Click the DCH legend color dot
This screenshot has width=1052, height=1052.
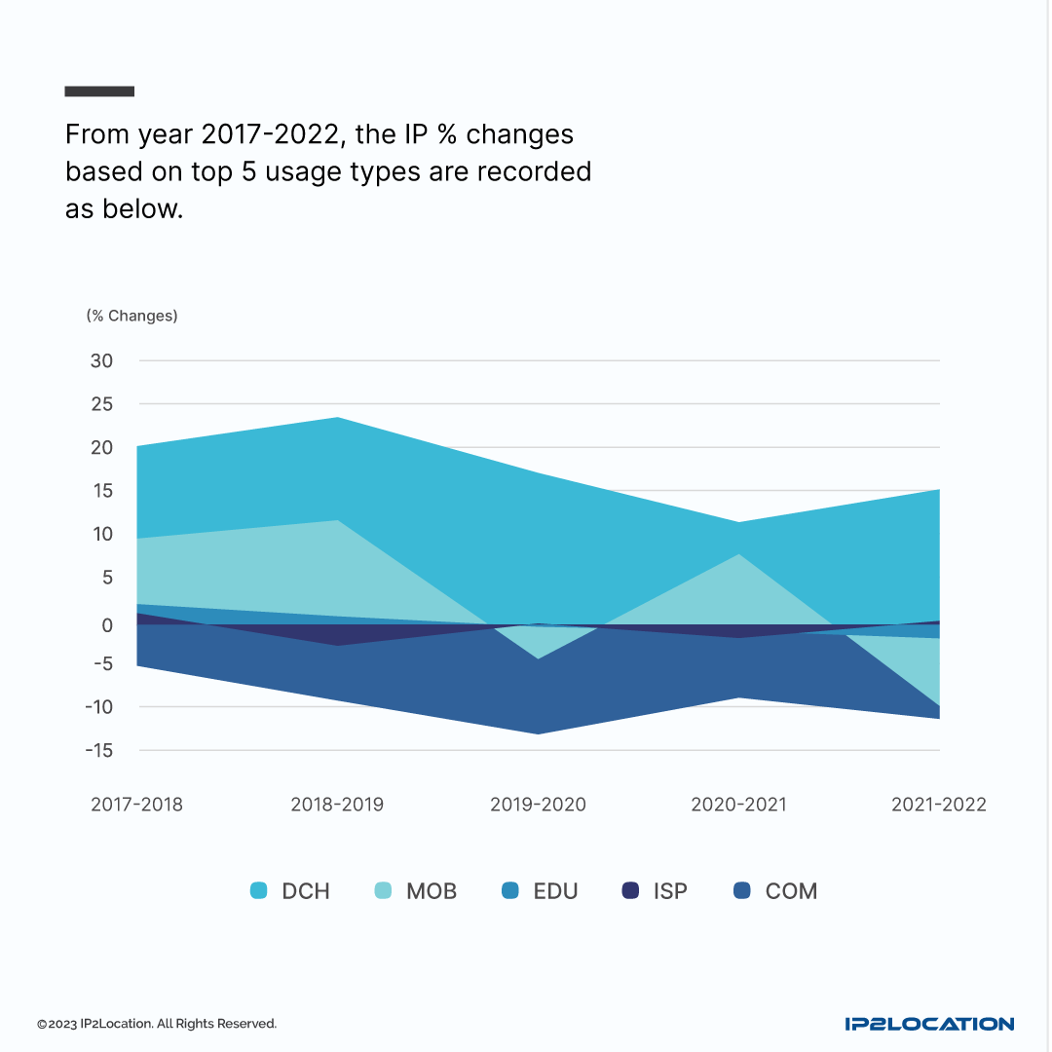click(258, 890)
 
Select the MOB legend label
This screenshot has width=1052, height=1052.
click(431, 891)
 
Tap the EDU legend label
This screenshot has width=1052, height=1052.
click(555, 891)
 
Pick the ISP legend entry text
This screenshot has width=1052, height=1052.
click(670, 891)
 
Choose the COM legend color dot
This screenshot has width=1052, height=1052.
click(742, 890)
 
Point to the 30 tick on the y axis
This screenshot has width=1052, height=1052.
click(102, 360)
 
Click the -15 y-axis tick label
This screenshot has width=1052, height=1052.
click(99, 751)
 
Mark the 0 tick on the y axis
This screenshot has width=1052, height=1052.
click(107, 625)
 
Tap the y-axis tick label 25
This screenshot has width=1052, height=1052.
click(102, 404)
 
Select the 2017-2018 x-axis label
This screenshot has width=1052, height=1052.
click(136, 805)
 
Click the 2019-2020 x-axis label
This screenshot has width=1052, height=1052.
click(538, 805)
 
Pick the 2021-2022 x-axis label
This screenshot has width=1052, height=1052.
click(938, 805)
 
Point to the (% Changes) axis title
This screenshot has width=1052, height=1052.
click(131, 316)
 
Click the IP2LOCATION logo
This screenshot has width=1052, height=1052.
click(929, 1024)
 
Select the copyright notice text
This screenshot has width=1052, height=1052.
click(157, 1024)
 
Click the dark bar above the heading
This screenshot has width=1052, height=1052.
click(99, 92)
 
